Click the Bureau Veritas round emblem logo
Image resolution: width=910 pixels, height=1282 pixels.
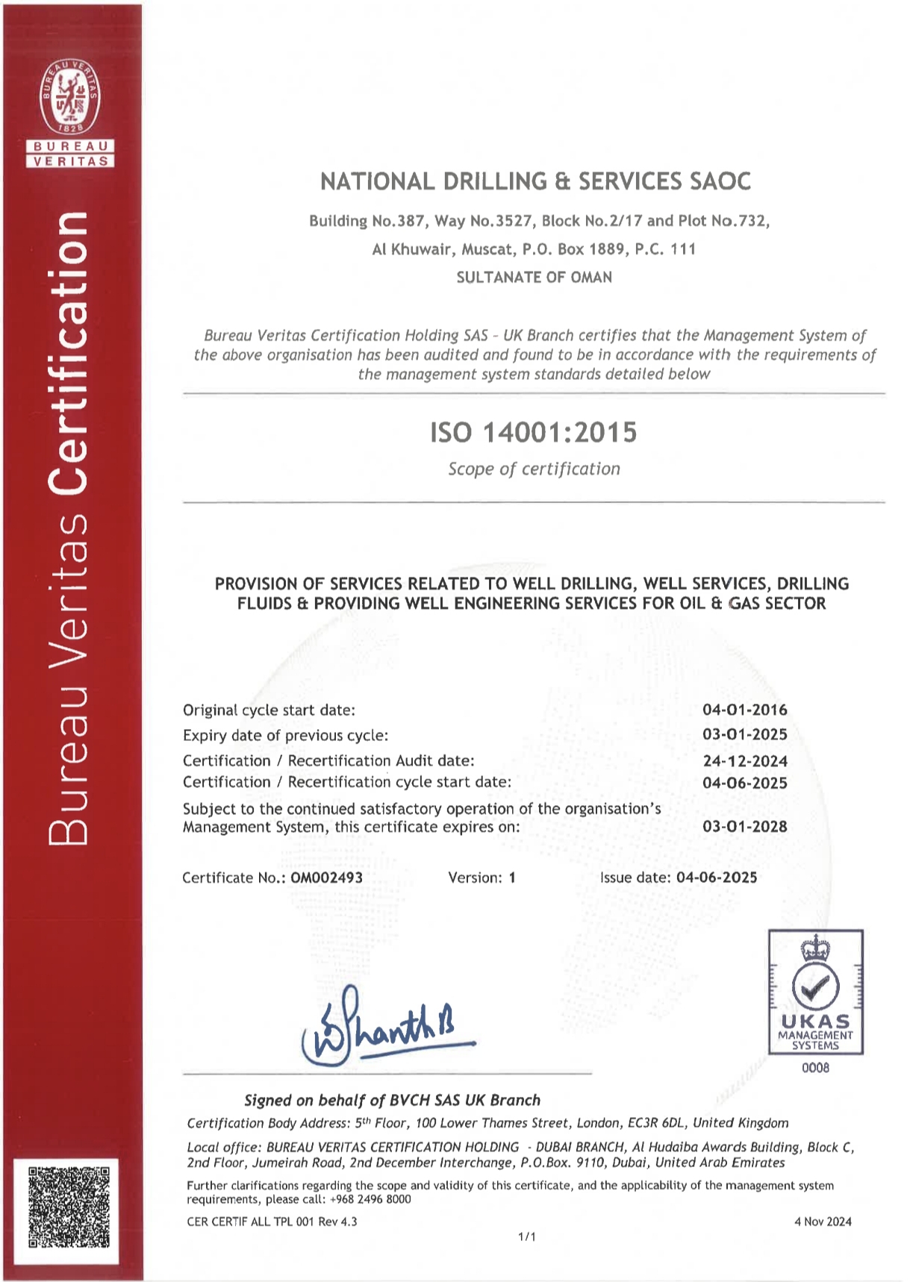[x=70, y=98]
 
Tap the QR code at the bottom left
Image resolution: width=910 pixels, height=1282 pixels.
[x=69, y=1207]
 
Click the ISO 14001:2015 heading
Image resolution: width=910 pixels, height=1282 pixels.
[x=533, y=432]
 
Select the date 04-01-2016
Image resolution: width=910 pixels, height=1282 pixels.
[x=744, y=710]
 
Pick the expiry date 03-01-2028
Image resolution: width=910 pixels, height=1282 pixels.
[x=744, y=826]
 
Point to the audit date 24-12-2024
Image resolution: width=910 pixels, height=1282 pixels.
[x=744, y=761]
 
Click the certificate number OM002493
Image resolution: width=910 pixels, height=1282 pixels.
[x=326, y=878]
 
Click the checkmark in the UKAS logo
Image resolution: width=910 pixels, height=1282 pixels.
[x=815, y=986]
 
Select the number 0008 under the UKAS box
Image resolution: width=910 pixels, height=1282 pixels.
[x=815, y=1068]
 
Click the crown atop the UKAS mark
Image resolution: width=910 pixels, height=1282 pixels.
[x=815, y=948]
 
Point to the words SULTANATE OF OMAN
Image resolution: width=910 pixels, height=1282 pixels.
[x=534, y=278]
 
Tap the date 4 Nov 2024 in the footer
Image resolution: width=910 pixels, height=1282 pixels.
[x=823, y=1222]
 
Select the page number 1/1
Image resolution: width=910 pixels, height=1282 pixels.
[x=526, y=1236]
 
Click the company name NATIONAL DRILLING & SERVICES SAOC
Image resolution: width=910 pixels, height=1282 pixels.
[x=535, y=181]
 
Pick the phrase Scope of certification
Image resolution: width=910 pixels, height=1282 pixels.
[x=534, y=469]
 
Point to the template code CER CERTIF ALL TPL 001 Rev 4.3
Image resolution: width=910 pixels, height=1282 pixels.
[x=272, y=1222]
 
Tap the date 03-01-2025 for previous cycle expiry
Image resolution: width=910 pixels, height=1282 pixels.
[x=744, y=734]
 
